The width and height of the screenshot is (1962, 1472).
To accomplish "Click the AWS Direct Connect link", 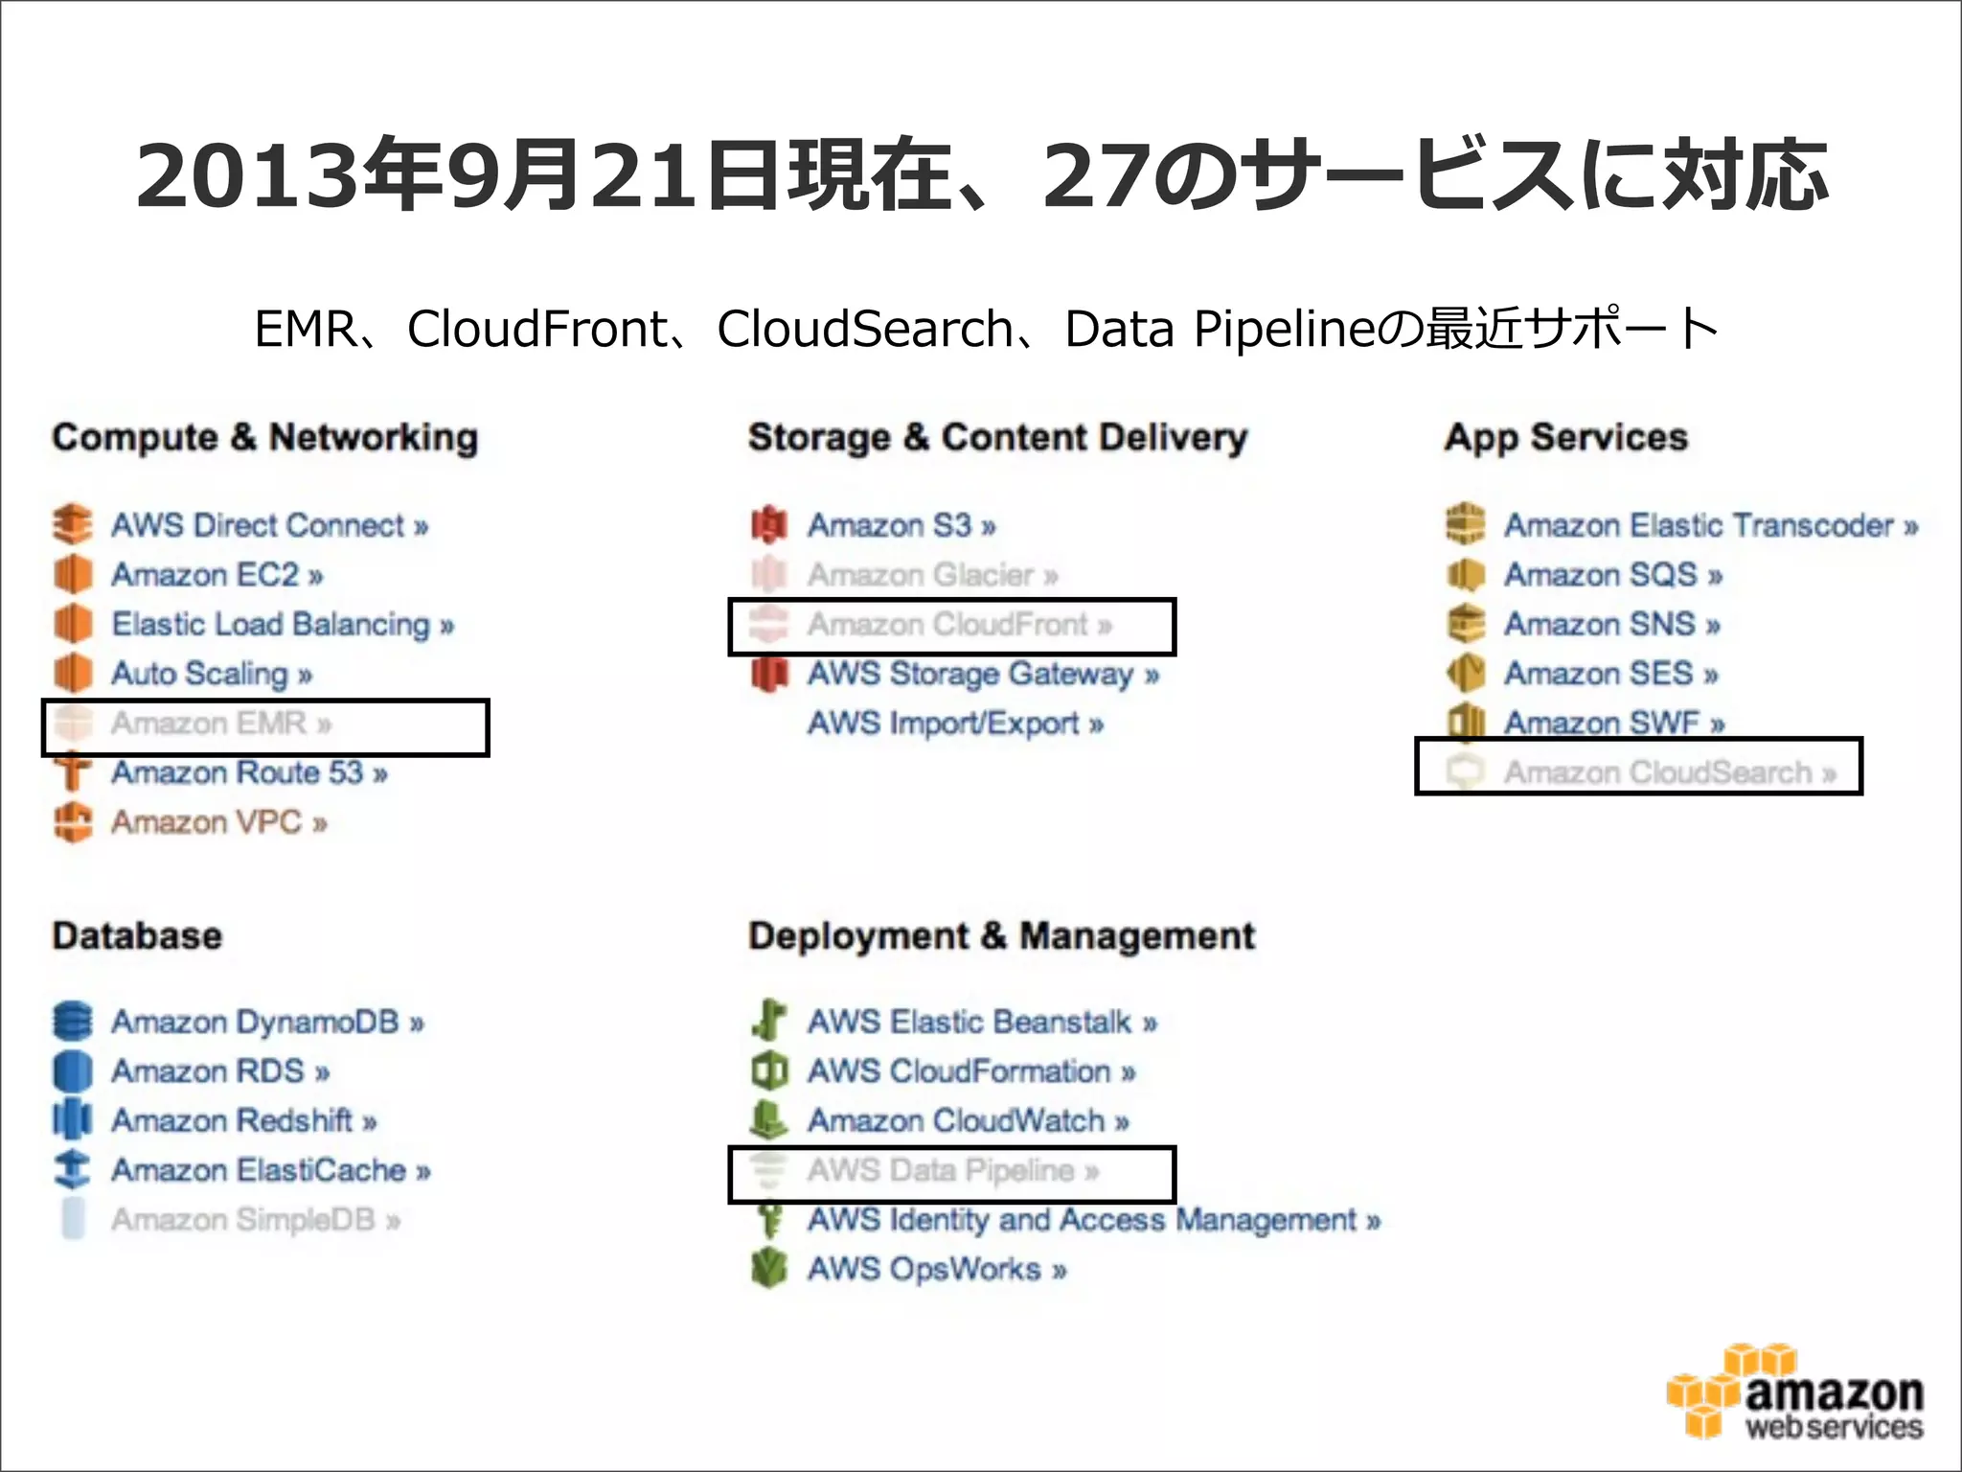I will pos(269,525).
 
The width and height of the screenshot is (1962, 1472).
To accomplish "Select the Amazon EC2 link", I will pos(217,575).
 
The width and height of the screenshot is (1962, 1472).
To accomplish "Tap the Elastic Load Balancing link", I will pos(282,625).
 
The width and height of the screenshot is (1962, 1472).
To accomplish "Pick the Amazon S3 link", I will pos(901,525).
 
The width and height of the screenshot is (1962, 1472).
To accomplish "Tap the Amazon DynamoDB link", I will pos(266,1022).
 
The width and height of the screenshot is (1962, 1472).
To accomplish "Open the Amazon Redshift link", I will pos(243,1120).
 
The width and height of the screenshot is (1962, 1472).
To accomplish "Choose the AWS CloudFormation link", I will pos(970,1071).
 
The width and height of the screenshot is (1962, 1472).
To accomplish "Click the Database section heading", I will pos(137,935).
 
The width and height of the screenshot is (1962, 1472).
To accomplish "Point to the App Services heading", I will pos(1565,437).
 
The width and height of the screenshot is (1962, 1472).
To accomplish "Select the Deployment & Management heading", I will pos(1001,935).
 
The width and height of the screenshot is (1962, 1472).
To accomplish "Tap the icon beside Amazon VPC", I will pos(73,822).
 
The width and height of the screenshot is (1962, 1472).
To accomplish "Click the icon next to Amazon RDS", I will pos(73,1071).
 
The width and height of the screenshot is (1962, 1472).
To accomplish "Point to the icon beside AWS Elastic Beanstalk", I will pos(769,1022).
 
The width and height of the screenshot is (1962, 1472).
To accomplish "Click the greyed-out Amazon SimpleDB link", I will pos(255,1220).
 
